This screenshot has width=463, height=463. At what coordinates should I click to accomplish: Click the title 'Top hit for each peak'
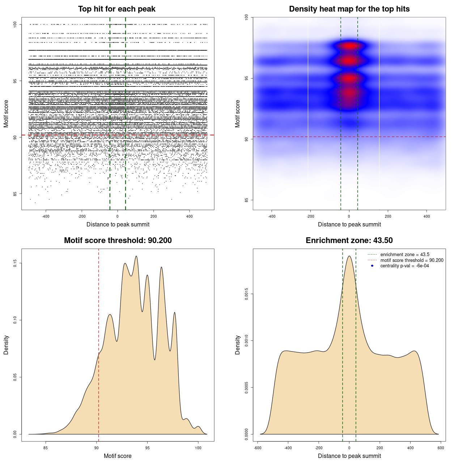[x=116, y=9]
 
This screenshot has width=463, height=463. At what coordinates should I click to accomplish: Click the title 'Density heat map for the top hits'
[x=349, y=9]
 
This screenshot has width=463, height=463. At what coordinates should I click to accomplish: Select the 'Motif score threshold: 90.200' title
[x=118, y=241]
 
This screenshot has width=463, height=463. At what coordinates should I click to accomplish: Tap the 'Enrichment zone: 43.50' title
[x=349, y=241]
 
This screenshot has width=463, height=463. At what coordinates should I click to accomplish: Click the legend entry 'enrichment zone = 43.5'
[x=405, y=255]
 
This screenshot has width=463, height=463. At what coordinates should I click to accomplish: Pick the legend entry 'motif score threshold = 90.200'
[x=412, y=260]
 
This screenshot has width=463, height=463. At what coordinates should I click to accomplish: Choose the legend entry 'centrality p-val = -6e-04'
[x=404, y=266]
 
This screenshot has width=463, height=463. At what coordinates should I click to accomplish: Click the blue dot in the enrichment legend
[x=372, y=266]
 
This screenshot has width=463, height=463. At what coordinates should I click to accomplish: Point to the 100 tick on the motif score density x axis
[x=198, y=448]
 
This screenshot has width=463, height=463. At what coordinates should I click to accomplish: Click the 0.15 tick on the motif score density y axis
[x=15, y=263]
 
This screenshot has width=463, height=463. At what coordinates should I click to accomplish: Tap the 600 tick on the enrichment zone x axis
[x=441, y=448]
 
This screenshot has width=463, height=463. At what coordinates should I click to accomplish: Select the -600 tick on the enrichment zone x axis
[x=258, y=448]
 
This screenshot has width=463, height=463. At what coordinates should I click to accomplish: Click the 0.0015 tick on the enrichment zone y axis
[x=246, y=294]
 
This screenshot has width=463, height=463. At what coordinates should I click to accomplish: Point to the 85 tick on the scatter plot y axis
[x=15, y=194]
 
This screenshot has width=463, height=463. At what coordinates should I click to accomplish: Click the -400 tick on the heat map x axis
[x=272, y=216]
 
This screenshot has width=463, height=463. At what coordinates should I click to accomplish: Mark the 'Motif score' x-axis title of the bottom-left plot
[x=118, y=456]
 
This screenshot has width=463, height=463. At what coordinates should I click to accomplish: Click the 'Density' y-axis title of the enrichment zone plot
[x=238, y=345]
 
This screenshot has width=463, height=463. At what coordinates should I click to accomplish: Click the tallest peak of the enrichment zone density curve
[x=349, y=256]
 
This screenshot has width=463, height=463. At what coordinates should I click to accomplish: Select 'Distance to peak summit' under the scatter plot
[x=118, y=224]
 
